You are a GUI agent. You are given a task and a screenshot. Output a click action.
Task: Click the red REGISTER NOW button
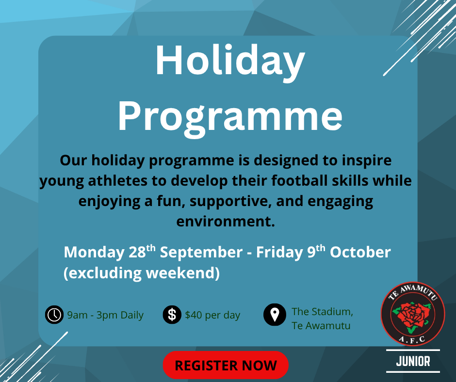pyautogui.click(x=226, y=365)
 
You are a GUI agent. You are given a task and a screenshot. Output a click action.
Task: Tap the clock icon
pyautogui.click(x=54, y=315)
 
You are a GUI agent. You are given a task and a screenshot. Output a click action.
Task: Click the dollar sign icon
pyautogui.click(x=172, y=315)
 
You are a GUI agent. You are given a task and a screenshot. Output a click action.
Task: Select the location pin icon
pyautogui.click(x=275, y=315)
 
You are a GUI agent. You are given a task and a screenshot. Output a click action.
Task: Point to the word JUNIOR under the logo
pyautogui.click(x=413, y=361)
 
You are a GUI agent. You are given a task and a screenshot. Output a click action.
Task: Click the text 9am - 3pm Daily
pyautogui.click(x=105, y=315)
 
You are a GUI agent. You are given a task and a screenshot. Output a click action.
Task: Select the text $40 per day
pyautogui.click(x=212, y=315)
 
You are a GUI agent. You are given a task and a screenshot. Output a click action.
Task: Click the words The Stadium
pyautogui.click(x=322, y=312)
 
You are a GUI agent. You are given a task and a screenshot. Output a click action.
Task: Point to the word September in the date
pyautogui.click(x=201, y=253)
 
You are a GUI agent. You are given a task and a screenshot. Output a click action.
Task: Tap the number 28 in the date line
pyautogui.click(x=137, y=252)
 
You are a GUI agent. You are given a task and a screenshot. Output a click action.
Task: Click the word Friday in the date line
pyautogui.click(x=280, y=253)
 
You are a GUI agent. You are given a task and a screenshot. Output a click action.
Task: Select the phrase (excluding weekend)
pyautogui.click(x=142, y=273)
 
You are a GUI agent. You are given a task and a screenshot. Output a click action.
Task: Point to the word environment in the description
pyautogui.click(x=226, y=222)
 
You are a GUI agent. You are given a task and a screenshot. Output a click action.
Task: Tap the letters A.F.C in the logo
pyautogui.click(x=412, y=339)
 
